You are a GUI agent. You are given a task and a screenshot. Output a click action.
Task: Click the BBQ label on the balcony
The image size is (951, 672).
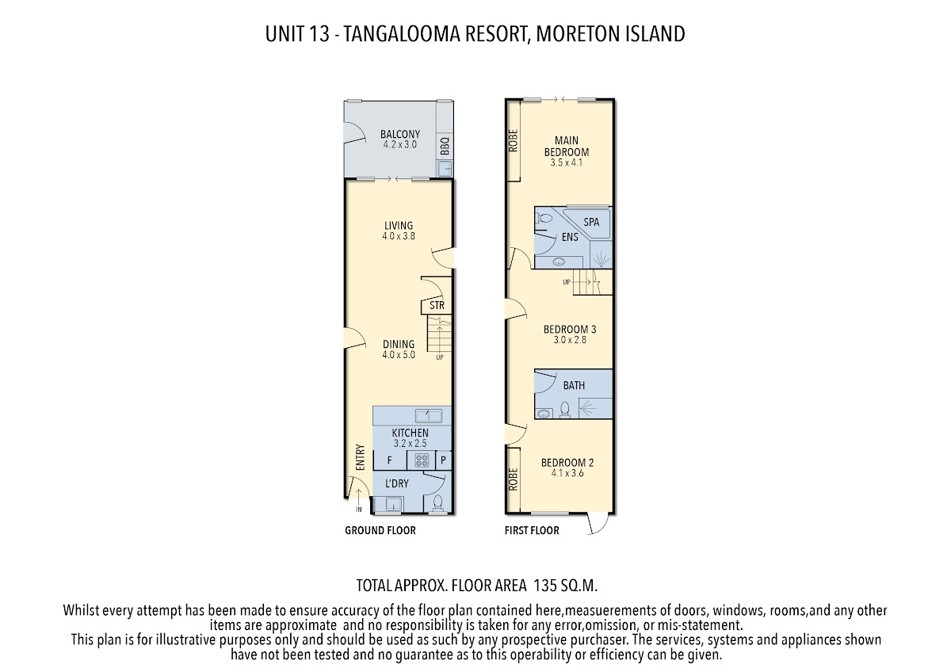click(445, 147)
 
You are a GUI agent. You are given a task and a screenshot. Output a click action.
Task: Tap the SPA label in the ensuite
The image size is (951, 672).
click(591, 223)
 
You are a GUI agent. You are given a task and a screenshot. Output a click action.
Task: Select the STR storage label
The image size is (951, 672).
click(436, 305)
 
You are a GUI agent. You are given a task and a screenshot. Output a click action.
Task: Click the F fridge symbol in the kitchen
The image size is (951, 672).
click(389, 460)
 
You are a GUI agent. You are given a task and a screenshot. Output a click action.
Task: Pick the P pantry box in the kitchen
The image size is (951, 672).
click(444, 460)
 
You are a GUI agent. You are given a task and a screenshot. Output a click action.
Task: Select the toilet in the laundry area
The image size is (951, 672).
click(437, 502)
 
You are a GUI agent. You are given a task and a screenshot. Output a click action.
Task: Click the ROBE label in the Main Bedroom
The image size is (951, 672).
click(514, 141)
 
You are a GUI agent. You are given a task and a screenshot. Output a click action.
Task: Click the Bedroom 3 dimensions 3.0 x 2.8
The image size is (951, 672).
click(570, 340)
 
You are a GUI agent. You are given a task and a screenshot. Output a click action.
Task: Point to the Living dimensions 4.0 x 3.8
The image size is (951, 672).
click(398, 236)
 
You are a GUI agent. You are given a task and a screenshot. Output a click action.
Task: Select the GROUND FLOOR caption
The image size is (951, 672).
click(380, 530)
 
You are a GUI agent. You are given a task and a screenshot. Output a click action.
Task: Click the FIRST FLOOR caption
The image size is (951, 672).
click(532, 530)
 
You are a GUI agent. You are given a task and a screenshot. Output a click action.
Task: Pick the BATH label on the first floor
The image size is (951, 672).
click(574, 386)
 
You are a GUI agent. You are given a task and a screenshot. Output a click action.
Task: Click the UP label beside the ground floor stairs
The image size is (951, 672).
click(439, 357)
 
